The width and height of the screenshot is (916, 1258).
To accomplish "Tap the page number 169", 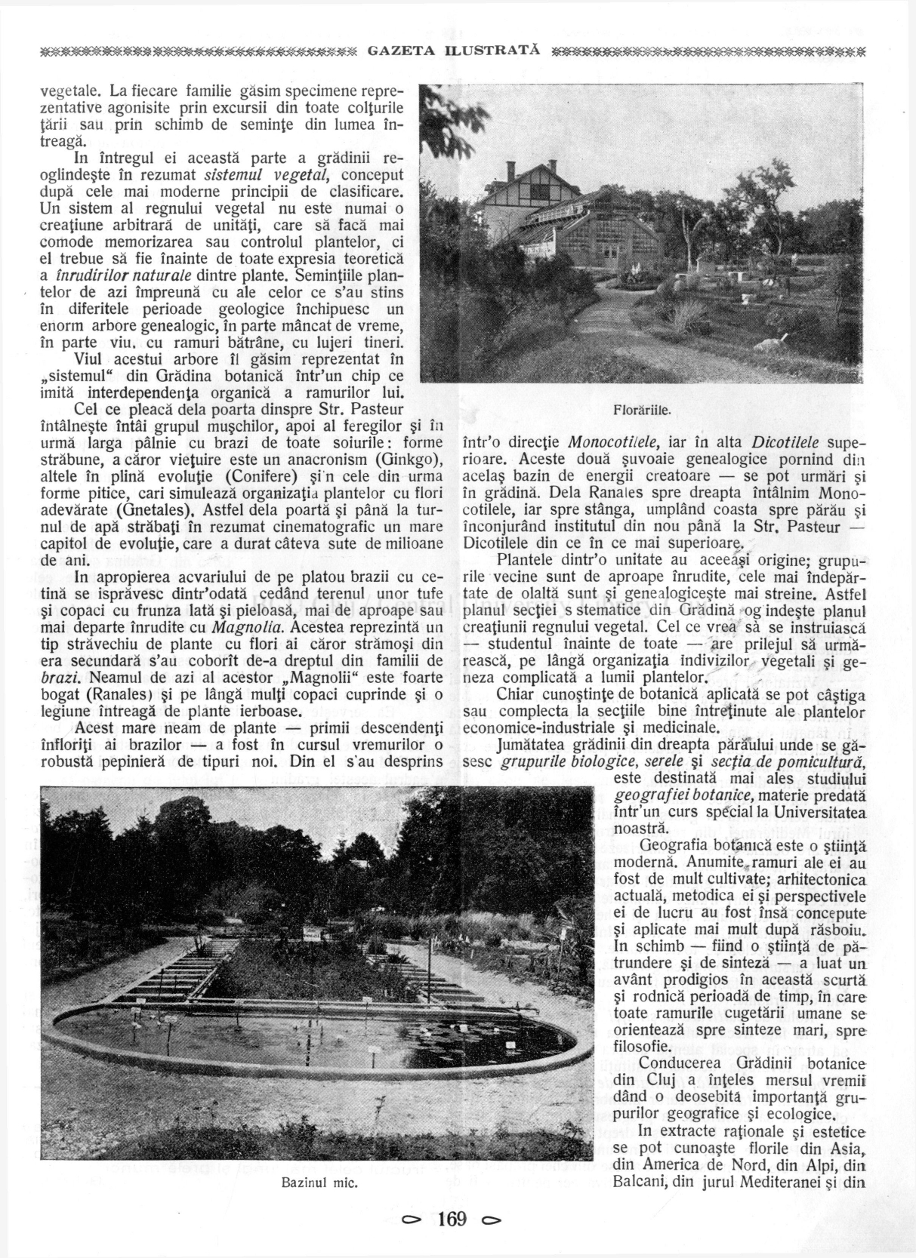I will (x=452, y=1219).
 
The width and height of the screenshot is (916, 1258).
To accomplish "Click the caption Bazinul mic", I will (x=319, y=1182).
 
